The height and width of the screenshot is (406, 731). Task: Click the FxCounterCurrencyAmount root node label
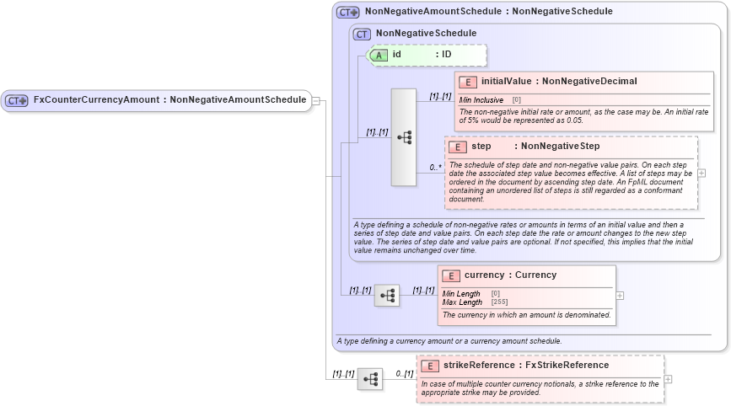[x=169, y=99]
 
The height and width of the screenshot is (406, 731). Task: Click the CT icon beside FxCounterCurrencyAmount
[x=17, y=100]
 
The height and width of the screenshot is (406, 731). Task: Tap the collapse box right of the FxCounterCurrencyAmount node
[x=316, y=100]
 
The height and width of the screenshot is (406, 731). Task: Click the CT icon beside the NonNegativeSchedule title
[x=363, y=34]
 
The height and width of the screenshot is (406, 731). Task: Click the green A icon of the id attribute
[x=380, y=55]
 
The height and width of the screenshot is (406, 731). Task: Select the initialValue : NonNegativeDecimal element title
[x=558, y=82]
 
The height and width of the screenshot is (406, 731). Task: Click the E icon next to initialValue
[x=468, y=82]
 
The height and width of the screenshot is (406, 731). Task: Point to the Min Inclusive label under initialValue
[x=481, y=100]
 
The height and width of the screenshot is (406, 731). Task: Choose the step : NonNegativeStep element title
[x=535, y=147]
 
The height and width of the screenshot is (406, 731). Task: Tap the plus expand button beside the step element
[x=702, y=173]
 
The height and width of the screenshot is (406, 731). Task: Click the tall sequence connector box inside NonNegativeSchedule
[x=404, y=136]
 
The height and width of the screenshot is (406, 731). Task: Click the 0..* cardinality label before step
[x=435, y=168]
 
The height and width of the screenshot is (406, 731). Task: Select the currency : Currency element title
[x=510, y=275]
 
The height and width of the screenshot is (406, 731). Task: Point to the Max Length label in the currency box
[x=463, y=302]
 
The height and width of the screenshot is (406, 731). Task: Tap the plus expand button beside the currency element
[x=621, y=296]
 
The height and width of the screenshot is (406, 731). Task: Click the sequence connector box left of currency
[x=387, y=296]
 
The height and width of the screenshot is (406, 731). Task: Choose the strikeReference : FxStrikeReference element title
[x=525, y=365]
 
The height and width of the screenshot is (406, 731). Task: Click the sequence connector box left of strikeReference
[x=369, y=379]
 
